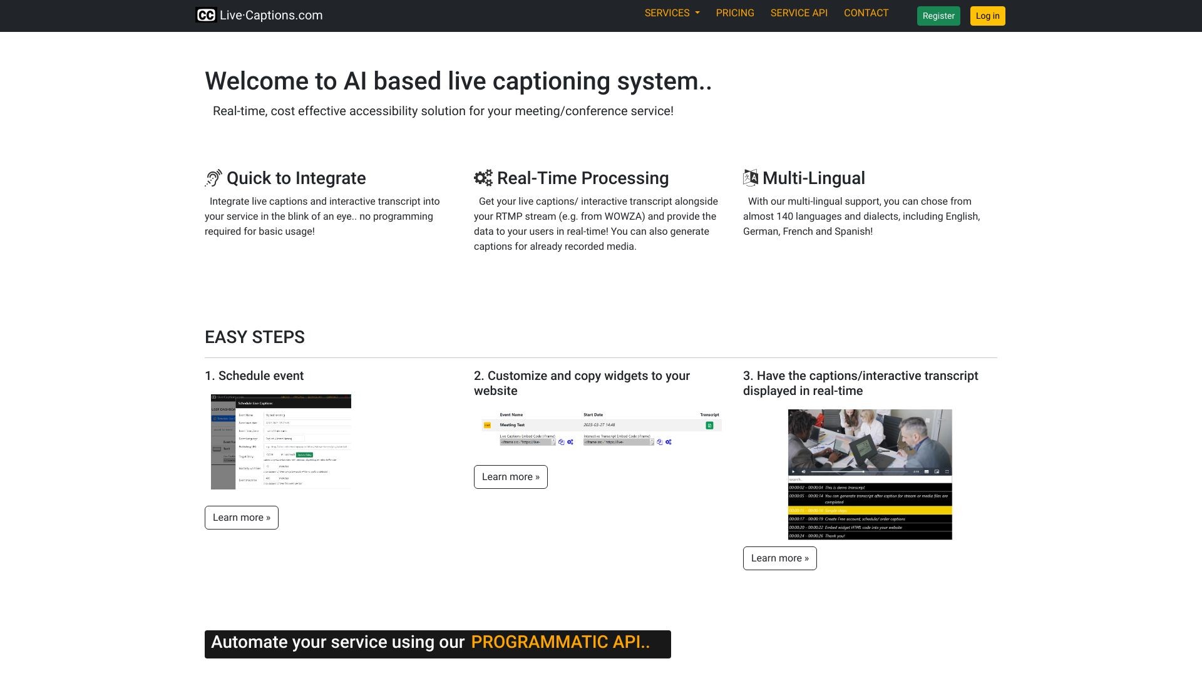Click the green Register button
click(938, 16)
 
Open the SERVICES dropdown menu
click(672, 13)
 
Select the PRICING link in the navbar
click(735, 13)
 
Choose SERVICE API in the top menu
click(799, 13)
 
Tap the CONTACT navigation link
click(866, 13)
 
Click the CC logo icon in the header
click(206, 16)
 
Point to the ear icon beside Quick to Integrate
click(213, 178)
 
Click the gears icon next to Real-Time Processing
click(483, 178)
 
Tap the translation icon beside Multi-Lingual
click(750, 178)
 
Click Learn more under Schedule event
click(241, 518)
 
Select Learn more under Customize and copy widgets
click(510, 477)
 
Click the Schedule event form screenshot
click(281, 442)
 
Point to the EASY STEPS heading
click(255, 337)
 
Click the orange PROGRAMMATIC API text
click(560, 642)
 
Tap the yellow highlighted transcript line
click(870, 511)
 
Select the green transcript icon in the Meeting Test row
click(709, 426)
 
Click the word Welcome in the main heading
click(257, 81)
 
